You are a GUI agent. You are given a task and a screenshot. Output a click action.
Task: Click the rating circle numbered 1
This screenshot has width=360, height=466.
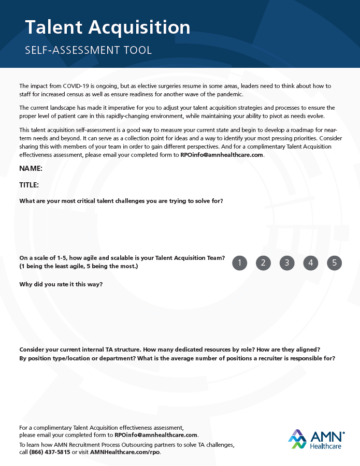(x=239, y=263)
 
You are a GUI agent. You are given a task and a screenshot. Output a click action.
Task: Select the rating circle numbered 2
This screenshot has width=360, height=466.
(x=263, y=263)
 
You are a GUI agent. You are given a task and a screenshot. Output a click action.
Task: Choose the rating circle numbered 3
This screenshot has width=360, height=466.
(x=287, y=263)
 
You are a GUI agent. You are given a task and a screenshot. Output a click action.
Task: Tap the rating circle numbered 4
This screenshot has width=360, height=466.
(x=311, y=263)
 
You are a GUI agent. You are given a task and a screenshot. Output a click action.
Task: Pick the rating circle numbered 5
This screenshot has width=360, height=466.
(x=335, y=263)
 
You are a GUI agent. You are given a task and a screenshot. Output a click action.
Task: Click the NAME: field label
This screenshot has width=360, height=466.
(x=31, y=169)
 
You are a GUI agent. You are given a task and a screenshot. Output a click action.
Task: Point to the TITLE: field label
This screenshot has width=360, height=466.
(x=29, y=185)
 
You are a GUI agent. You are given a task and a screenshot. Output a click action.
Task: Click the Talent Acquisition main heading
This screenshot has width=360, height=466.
(x=108, y=27)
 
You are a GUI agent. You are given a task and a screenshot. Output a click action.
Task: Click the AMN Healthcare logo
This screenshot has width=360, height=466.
(x=316, y=439)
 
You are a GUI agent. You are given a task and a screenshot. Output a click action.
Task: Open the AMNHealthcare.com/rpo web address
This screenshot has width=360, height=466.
(x=125, y=452)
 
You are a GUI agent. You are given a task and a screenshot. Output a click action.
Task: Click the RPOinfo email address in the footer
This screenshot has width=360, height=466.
(x=156, y=435)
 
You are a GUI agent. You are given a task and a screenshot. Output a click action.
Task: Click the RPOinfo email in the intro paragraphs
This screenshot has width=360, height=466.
(x=222, y=155)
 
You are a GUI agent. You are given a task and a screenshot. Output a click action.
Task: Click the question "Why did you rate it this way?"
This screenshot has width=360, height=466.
(x=61, y=284)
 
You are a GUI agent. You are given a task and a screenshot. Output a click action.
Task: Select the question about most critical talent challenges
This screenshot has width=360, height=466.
(x=121, y=201)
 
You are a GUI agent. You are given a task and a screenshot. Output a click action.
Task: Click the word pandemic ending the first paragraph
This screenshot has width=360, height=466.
(x=229, y=94)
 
